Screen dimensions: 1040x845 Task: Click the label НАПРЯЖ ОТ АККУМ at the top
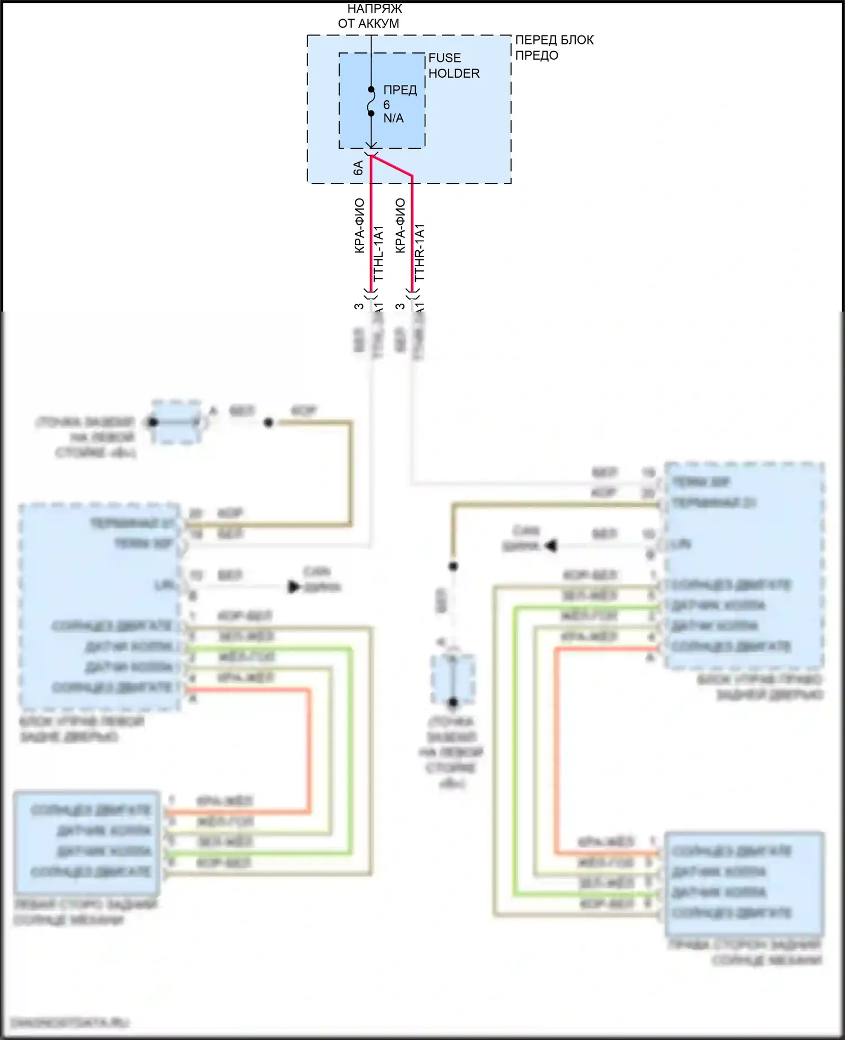pos(370,16)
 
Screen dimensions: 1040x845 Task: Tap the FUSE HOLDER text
pos(453,65)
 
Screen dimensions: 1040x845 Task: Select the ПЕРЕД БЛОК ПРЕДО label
pos(554,47)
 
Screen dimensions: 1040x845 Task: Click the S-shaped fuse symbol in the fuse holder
pos(371,102)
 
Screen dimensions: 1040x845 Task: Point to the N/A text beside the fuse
pos(393,118)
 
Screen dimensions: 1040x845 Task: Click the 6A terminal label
pos(358,167)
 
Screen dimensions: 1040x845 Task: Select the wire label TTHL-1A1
pos(378,253)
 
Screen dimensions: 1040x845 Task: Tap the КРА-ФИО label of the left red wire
pos(359,225)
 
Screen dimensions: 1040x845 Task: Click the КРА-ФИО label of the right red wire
pos(400,225)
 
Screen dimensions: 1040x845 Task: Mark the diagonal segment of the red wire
pos(392,166)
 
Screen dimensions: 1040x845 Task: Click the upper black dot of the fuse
pos(371,90)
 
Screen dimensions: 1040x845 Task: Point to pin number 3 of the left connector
pos(359,306)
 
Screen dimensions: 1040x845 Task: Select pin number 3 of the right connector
pos(400,306)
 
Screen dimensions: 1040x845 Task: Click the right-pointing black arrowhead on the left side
pos(293,587)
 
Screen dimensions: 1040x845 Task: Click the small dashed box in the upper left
pos(176,421)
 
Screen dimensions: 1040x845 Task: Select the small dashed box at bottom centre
pos(452,679)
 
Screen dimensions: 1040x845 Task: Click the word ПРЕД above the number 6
pos(400,90)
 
